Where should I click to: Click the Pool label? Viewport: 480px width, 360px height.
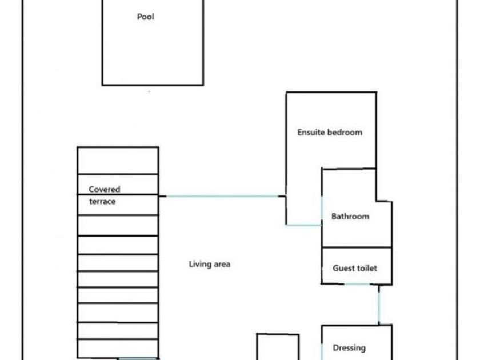[145, 17]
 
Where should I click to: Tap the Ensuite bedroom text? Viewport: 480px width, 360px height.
[330, 132]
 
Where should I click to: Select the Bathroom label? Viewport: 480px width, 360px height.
[350, 217]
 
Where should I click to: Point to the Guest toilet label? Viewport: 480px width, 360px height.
[355, 268]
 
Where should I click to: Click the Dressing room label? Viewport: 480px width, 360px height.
[349, 348]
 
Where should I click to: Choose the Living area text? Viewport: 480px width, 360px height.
[209, 264]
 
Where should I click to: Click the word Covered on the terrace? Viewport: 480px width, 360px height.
[105, 189]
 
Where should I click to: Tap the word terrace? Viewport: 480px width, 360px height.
[102, 201]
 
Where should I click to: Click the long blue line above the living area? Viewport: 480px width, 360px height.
[222, 196]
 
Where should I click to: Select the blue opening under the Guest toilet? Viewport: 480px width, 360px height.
[357, 285]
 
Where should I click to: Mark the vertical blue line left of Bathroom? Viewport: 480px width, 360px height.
[322, 208]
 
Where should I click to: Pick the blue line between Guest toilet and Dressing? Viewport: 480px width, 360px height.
[379, 307]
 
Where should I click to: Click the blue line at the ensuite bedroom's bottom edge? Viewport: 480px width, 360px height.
[303, 225]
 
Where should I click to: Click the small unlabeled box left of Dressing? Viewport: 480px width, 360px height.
[278, 347]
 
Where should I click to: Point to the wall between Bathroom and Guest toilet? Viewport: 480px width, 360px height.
[357, 247]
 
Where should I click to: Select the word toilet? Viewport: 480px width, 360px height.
[366, 268]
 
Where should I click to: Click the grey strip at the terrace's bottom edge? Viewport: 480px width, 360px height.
[137, 359]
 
